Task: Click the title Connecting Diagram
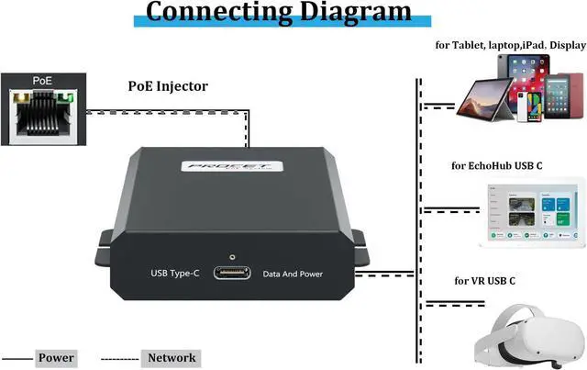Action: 279,12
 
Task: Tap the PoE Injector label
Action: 168,86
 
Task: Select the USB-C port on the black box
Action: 232,273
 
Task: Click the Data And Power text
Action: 293,274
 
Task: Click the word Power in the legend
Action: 56,357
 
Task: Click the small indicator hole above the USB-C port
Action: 232,258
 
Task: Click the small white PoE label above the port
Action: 42,81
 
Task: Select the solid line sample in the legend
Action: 17,357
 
